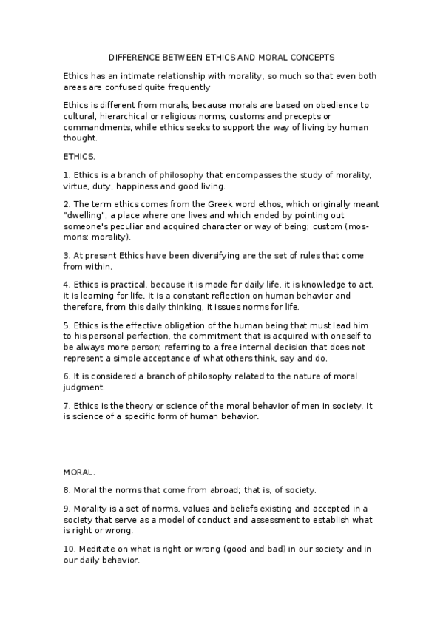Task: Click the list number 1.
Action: tap(67, 174)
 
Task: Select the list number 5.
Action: tap(67, 325)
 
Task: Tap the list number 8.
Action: tap(67, 489)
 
